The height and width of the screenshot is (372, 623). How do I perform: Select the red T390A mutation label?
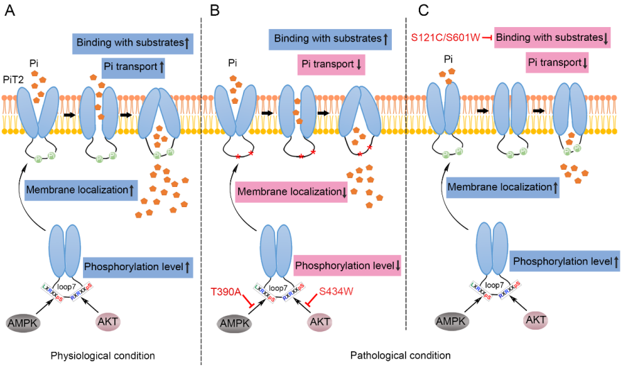pyautogui.click(x=225, y=292)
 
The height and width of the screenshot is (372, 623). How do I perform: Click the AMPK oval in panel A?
pyautogui.click(x=26, y=322)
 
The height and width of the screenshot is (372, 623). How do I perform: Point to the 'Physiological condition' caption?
pyautogui.click(x=102, y=355)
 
